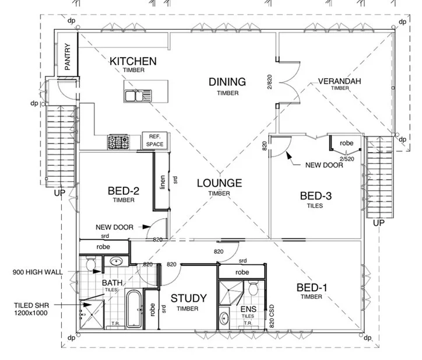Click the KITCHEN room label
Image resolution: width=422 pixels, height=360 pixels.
point(133,61)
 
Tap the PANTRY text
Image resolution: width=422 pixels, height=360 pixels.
point(68,57)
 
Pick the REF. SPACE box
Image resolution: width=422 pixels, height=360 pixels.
point(154,140)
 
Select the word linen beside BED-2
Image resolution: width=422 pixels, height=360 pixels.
point(163,182)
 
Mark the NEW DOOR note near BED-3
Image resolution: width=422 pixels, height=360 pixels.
point(324,165)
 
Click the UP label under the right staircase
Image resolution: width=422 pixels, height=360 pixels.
point(379,223)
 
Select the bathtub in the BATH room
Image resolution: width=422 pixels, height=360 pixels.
point(133,309)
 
